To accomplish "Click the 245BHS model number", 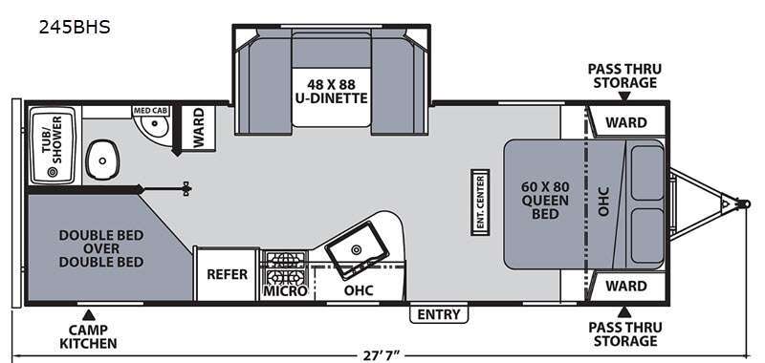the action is [75, 28].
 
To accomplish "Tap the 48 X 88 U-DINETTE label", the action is [331, 90].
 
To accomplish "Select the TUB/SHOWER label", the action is [52, 139].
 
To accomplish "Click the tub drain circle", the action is [52, 172].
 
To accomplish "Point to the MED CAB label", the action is [150, 111].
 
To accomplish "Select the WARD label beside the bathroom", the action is [198, 128].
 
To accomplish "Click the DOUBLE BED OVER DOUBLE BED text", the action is [101, 248].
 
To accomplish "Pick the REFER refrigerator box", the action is [227, 274].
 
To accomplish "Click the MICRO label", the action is [285, 291].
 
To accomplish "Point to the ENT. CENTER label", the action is [480, 203].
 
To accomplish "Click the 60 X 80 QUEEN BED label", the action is [545, 200].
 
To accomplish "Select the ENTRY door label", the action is [439, 314].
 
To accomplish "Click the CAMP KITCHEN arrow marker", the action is [88, 315].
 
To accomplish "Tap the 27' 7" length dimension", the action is [382, 354].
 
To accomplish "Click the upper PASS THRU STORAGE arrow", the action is [624, 96].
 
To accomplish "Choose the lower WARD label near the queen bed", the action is [626, 286].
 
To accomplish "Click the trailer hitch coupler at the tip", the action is [744, 203].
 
